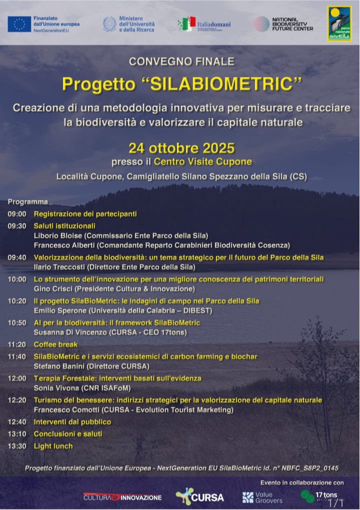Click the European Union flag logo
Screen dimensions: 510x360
pyautogui.click(x=19, y=23)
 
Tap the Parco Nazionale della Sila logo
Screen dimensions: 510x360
pyautogui.click(x=339, y=23)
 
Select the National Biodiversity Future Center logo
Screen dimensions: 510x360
pyautogui.click(x=283, y=24)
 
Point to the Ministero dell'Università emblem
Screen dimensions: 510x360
pyautogui.click(x=109, y=24)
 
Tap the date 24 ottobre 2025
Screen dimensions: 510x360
pyautogui.click(x=181, y=148)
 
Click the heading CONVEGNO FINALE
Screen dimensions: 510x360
pyautogui.click(x=181, y=61)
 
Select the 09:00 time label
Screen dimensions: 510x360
pyautogui.click(x=17, y=214)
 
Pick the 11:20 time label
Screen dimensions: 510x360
pyautogui.click(x=17, y=344)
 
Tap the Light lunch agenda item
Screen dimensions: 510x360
pyautogui.click(x=53, y=446)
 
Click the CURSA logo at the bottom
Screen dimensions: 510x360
pyautogui.click(x=200, y=496)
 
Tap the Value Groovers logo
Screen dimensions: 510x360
pyautogui.click(x=262, y=497)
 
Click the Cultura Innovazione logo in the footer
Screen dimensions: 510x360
pyautogui.click(x=122, y=497)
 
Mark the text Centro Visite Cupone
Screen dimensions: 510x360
pyautogui.click(x=202, y=161)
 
